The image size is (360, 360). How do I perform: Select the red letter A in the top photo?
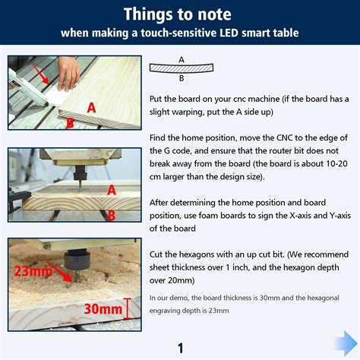tap(90, 108)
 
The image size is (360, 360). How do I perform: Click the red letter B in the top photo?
tap(69, 122)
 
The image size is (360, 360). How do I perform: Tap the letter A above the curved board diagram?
tap(181, 59)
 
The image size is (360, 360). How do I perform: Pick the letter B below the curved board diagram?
tap(181, 77)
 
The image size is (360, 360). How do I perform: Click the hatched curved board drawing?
tap(181, 68)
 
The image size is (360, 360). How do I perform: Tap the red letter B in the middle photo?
tap(111, 215)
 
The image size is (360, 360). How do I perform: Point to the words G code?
tap(180, 150)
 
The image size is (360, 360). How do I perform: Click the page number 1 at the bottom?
tap(181, 349)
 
